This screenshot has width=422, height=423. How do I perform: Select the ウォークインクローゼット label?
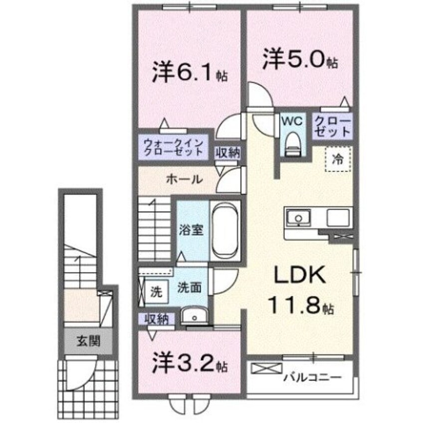click(173, 148)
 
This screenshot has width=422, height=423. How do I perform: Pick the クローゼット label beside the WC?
click(332, 127)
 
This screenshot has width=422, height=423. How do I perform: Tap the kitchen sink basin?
click(298, 218)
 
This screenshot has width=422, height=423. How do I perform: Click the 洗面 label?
click(189, 288)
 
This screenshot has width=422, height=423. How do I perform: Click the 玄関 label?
click(89, 342)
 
